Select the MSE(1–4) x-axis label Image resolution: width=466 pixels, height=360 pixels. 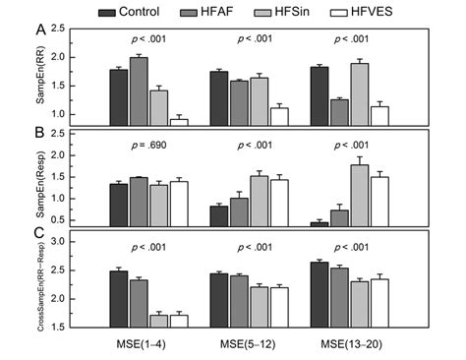(x=147, y=340)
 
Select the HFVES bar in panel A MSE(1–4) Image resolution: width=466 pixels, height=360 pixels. (x=178, y=121)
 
